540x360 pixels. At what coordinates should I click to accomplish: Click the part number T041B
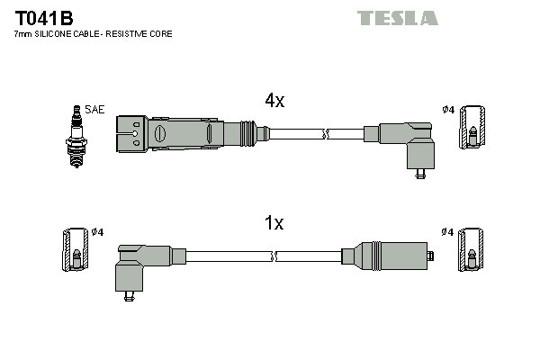coord(43,17)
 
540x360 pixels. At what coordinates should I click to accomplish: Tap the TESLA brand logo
coord(397,18)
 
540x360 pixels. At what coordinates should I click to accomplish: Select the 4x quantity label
coord(274,102)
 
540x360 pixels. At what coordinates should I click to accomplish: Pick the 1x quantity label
coord(273,223)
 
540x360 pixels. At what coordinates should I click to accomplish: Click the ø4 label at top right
coord(447,110)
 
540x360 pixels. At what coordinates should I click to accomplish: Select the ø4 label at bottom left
coord(98,232)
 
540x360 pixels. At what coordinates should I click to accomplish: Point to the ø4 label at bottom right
coord(447,232)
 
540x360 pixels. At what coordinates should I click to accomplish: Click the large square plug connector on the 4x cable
coord(131,134)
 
